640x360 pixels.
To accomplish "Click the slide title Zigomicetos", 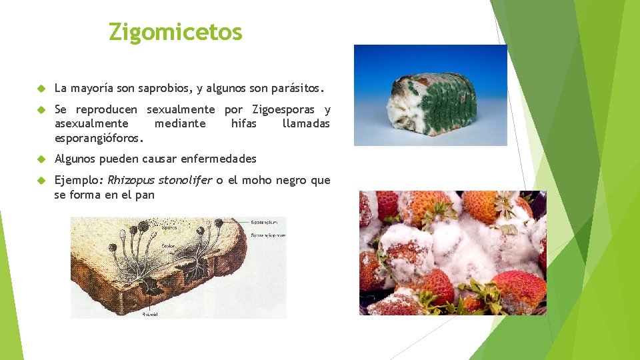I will pos(175,31).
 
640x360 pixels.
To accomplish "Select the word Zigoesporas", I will pos(283,110).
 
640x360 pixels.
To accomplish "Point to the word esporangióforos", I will pos(99,139).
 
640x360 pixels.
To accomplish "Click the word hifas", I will pos(243,124).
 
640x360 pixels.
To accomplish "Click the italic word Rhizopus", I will pos(129,181).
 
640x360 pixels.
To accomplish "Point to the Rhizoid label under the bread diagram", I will pos(149,313).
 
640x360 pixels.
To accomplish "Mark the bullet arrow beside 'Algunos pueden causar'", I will pos(41,159).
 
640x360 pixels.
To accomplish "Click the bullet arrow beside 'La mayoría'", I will pos(41,88).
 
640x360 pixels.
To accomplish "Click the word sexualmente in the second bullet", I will pos(181,110).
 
